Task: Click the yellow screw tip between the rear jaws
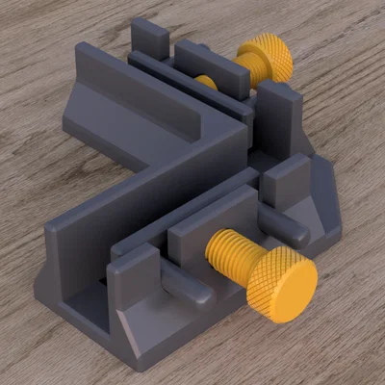(x=205, y=83)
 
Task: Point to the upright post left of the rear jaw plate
(x=149, y=38)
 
